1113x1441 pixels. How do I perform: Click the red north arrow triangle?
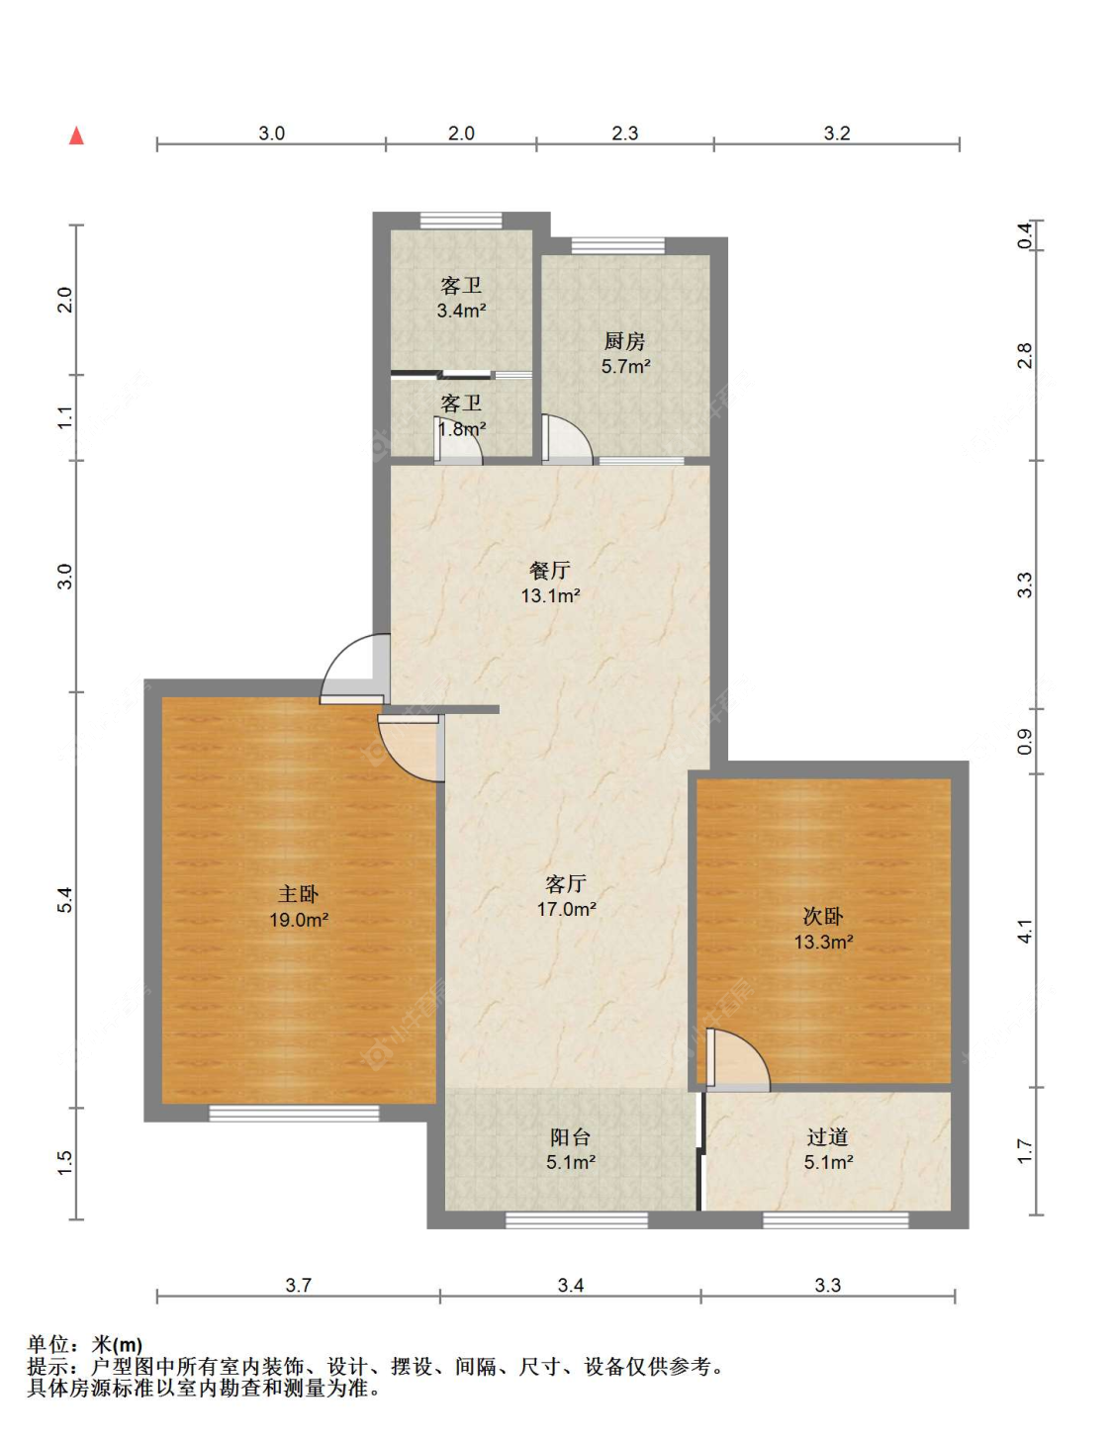point(77,135)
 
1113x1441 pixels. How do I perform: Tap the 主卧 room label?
point(298,894)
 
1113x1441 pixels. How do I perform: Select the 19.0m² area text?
point(299,920)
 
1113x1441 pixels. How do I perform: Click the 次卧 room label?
point(822,916)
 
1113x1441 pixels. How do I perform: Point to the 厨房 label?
point(624,341)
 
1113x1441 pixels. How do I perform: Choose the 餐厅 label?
point(550,570)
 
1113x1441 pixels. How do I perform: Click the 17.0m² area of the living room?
point(567,909)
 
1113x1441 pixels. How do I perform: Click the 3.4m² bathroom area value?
point(462,310)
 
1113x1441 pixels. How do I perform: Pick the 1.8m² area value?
point(462,429)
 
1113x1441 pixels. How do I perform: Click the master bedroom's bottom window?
point(295,1114)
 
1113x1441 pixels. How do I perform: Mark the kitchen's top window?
point(617,246)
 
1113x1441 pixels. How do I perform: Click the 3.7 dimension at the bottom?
point(299,1286)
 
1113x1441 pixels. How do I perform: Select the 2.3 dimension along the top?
point(625,134)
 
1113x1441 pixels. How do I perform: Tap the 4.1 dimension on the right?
point(1025,931)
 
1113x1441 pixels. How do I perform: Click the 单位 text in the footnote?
point(48,1344)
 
